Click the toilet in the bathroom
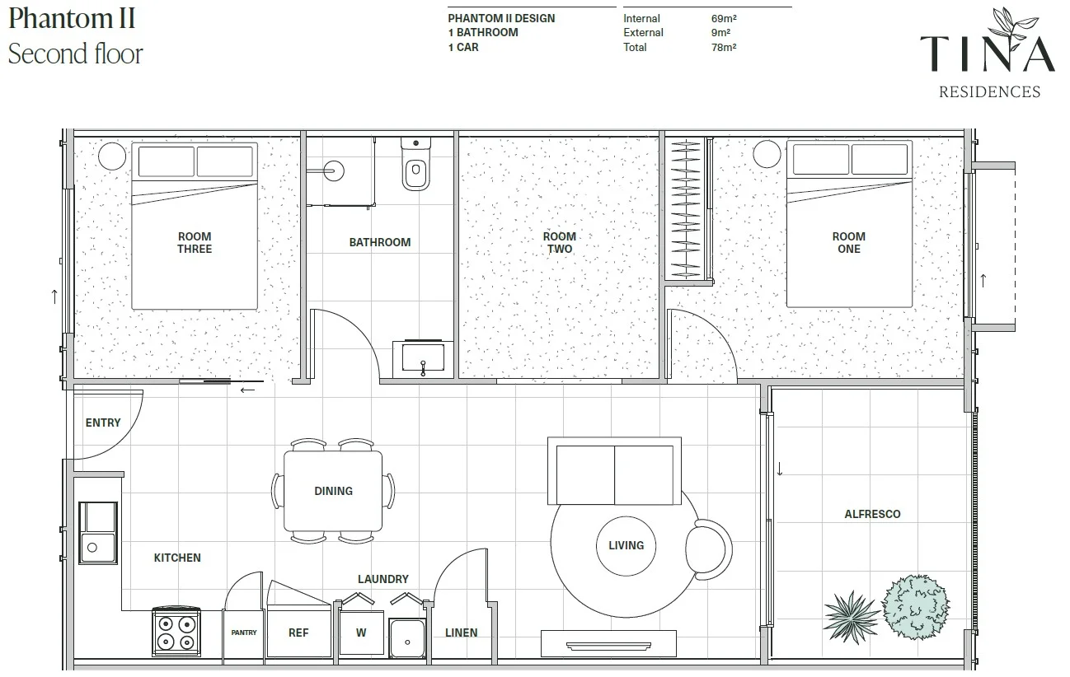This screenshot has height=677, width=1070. pos(415,164)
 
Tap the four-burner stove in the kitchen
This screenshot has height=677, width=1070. pos(176,632)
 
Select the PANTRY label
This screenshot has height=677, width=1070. pos(244,633)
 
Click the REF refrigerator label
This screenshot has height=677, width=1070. pos(298,633)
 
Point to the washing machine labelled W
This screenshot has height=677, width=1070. pos(361,633)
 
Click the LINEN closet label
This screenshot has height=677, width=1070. pos(462,633)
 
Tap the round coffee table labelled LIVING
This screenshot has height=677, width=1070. pos(627,546)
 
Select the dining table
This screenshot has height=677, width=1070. pos(333,491)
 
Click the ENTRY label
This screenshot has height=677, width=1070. pos(103,423)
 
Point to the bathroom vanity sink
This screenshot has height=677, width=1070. pos(423,357)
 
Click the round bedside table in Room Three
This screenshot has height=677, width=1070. pos(112,156)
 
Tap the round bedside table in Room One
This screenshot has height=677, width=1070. pos(767,154)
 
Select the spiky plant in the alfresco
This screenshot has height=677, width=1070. pos(852,616)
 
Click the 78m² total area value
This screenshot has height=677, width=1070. pos(724,47)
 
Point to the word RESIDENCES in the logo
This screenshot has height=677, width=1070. pos(990,91)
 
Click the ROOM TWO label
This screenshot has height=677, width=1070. pos(560,242)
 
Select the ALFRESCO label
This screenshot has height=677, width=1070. pos(872,514)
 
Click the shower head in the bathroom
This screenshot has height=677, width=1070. pos(333,170)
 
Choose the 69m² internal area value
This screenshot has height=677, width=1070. pos(724,19)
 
